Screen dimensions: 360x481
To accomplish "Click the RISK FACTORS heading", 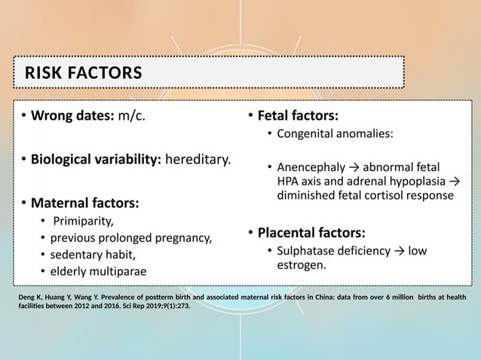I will (84, 73).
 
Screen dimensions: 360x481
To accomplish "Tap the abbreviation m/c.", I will (132, 116).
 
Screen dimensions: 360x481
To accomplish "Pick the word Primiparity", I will (84, 221).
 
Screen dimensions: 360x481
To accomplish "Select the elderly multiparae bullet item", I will (98, 271).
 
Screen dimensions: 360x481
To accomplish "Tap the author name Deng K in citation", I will (33, 298).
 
